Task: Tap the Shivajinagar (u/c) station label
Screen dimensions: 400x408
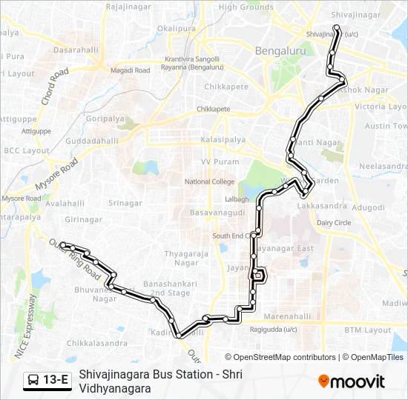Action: point(332,33)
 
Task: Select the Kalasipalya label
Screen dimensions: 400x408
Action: point(223,139)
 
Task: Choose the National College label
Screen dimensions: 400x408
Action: point(209,181)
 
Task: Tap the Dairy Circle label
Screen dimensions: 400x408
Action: point(334,223)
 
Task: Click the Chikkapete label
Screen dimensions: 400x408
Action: point(221,95)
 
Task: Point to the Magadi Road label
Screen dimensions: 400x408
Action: point(131,70)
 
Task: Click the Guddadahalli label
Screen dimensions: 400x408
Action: point(91,141)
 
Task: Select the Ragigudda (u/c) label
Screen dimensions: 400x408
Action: point(273,330)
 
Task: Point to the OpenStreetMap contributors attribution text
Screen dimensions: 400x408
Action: point(274,357)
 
